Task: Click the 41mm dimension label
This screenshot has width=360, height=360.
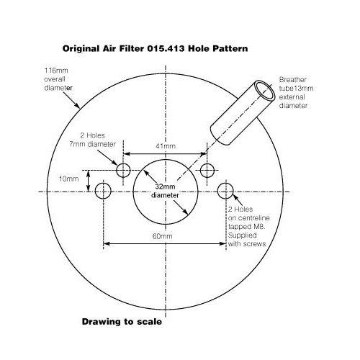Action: (x=166, y=146)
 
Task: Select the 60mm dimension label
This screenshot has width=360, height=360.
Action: (x=163, y=236)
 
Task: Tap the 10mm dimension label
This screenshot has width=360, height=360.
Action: (x=69, y=179)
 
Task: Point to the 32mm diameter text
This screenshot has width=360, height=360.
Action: (x=165, y=191)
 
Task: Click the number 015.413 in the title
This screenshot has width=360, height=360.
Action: (x=166, y=49)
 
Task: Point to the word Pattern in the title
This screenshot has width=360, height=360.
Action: (x=230, y=49)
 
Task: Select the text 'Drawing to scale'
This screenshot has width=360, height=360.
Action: (x=122, y=322)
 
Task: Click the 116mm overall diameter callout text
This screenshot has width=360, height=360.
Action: (x=58, y=79)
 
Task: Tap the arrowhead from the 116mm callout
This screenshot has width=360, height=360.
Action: (x=77, y=106)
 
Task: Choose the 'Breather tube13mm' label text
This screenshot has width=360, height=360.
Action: (x=296, y=84)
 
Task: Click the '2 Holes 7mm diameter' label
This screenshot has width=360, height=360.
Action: (x=93, y=140)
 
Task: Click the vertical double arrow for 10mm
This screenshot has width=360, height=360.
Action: (x=89, y=181)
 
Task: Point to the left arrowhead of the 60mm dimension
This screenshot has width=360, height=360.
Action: (x=106, y=243)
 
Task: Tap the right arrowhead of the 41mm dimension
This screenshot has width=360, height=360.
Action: (x=204, y=153)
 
